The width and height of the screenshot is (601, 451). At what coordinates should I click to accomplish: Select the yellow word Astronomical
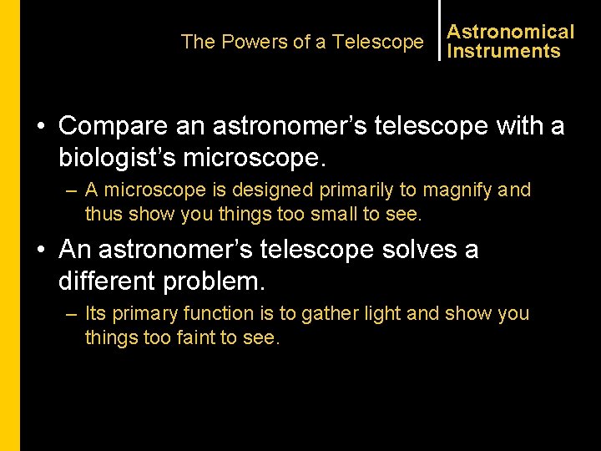pyautogui.click(x=510, y=32)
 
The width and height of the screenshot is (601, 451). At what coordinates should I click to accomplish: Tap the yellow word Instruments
pyautogui.click(x=503, y=51)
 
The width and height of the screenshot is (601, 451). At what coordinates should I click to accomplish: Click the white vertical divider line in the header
pyautogui.click(x=439, y=31)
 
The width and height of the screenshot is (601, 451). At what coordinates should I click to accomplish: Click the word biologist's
pyautogui.click(x=130, y=158)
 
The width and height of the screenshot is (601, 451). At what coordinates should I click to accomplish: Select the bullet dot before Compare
pyautogui.click(x=40, y=127)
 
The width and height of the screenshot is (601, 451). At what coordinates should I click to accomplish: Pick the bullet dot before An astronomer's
pyautogui.click(x=40, y=251)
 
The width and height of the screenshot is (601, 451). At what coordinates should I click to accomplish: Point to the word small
pyautogui.click(x=331, y=215)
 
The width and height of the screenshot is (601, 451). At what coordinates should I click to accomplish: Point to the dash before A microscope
pyautogui.click(x=71, y=190)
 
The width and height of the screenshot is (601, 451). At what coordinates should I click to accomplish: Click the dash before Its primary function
pyautogui.click(x=71, y=314)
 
